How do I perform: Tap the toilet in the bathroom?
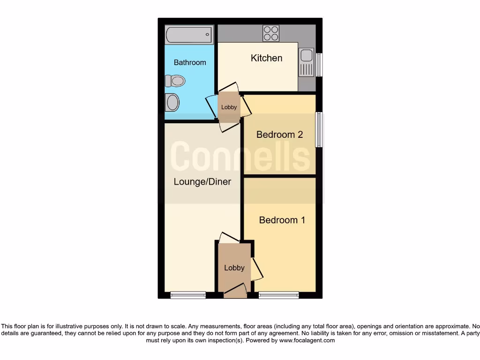pos(176,81)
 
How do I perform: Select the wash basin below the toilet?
pos(172,102)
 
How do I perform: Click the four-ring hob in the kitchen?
pos(271,33)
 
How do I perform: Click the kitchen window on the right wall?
pos(319,65)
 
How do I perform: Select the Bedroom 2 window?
pos(319,129)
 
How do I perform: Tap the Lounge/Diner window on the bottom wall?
pos(188,295)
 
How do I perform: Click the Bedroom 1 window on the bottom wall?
pos(278,295)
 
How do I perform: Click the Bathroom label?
pos(190,62)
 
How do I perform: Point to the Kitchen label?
pos(267,58)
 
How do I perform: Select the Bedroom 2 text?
pos(280,135)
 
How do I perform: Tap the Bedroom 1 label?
pos(282,220)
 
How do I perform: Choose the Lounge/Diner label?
pos(202,181)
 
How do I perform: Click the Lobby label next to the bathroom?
pos(229,107)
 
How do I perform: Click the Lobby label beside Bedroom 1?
pos(234,268)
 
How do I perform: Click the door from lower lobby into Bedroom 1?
pos(257,269)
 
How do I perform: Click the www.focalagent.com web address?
pos(307,340)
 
